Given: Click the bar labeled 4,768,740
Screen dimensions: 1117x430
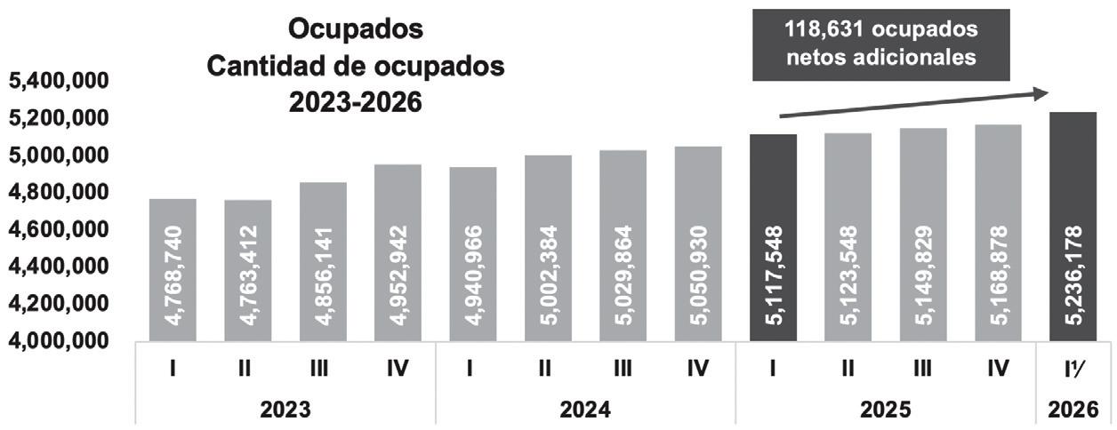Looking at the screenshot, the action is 173,270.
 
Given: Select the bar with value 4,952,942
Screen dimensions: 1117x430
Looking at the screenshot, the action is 398,252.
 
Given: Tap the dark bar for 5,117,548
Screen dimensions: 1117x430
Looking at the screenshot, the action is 773,238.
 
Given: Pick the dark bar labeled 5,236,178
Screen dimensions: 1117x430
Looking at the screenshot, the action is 1073,227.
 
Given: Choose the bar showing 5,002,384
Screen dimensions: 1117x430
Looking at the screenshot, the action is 548,248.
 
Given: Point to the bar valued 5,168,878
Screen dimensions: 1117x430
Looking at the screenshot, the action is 999,233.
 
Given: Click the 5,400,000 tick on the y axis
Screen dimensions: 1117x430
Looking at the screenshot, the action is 59,81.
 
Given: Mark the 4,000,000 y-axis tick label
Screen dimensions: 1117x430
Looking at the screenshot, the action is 59,341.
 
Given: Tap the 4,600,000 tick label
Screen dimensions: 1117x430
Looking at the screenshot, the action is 59,230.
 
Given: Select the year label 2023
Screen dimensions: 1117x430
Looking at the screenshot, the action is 285,410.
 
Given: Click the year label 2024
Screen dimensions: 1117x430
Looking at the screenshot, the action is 585,410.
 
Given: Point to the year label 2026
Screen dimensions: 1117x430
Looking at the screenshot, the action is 1073,410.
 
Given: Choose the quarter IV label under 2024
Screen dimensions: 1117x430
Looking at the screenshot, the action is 697,369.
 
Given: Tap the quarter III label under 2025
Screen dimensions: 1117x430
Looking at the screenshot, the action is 922,369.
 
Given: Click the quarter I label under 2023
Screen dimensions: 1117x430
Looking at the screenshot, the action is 173,369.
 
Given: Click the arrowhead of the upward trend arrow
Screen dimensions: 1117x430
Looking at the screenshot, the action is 1040,93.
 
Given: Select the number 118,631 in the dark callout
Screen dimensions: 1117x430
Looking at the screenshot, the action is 824,29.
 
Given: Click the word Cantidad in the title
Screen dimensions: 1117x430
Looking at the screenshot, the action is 268,67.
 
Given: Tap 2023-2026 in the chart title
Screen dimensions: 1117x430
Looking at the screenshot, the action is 356,103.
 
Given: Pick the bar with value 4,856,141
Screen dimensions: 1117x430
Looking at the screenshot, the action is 323,261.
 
